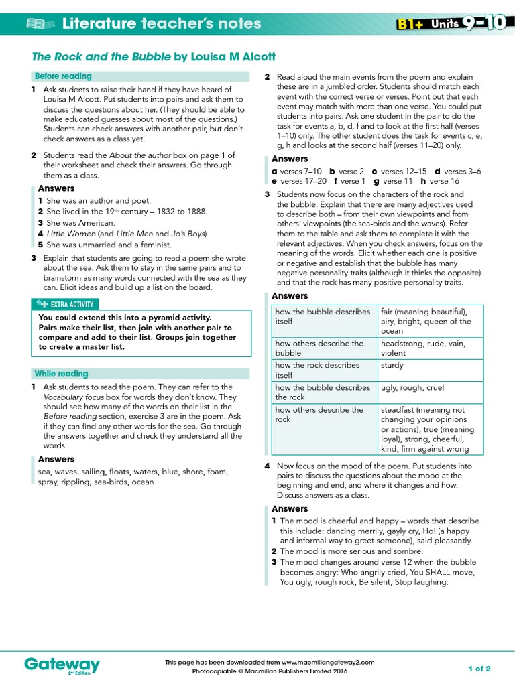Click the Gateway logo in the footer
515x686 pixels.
62,665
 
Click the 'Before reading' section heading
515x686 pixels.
63,76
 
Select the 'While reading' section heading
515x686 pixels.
61,374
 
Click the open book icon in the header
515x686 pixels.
41,25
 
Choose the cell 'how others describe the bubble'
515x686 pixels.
319,348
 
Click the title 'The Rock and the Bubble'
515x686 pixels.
101,57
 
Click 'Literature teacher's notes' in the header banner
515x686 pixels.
162,24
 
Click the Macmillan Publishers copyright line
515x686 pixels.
270,671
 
